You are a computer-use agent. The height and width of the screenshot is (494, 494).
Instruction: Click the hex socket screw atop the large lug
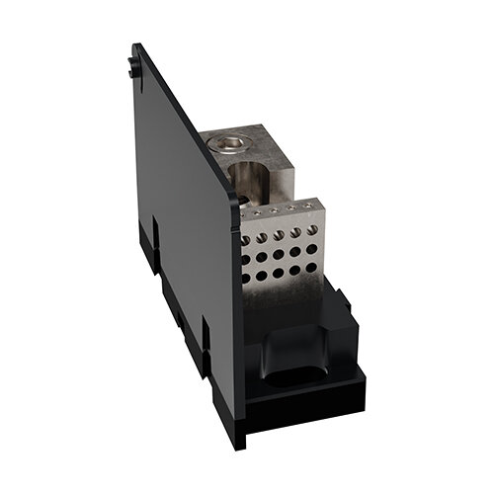tap(227, 145)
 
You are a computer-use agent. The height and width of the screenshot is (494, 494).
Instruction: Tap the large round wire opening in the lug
tap(244, 179)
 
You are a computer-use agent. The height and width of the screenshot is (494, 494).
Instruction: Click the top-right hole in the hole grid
tap(312, 230)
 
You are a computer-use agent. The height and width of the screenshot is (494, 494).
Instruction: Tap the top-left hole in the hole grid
tap(246, 240)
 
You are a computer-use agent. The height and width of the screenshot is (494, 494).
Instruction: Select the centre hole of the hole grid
tap(280, 254)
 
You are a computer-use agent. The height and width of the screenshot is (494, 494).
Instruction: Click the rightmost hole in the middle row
tap(311, 249)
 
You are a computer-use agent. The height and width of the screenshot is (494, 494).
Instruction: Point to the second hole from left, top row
tap(263, 237)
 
